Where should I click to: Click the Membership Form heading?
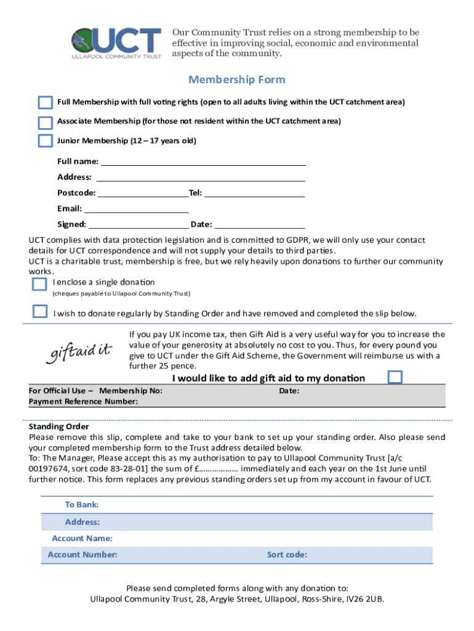(x=236, y=80)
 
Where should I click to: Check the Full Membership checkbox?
(x=45, y=102)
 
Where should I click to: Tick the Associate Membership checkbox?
(x=45, y=121)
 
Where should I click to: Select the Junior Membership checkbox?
(x=45, y=141)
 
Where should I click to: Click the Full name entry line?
(x=203, y=161)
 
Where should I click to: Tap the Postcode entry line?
(x=143, y=193)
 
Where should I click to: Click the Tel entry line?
(x=254, y=193)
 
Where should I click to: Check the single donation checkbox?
(x=39, y=283)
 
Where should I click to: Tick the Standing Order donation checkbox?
(x=40, y=311)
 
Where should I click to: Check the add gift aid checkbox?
(x=395, y=377)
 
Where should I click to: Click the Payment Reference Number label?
(x=83, y=402)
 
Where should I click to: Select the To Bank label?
(x=82, y=505)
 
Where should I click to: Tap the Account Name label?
(x=82, y=539)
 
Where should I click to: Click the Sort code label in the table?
(x=287, y=555)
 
